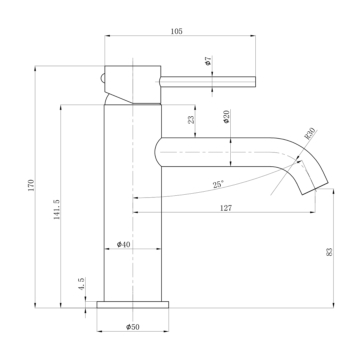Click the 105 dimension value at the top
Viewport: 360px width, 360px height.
pos(176,31)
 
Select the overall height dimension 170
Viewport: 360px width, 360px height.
pos(31,185)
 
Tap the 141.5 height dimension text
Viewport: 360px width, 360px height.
pos(57,209)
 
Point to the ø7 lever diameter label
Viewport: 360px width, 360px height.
pos(208,61)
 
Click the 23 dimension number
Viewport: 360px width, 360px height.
pos(191,120)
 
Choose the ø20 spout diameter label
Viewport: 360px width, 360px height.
pos(226,117)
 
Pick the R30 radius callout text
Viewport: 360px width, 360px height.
pos(310,133)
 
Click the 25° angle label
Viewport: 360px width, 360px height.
pos(218,184)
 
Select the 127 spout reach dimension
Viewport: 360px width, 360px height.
pos(226,208)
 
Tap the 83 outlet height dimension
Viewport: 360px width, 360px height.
pos(329,252)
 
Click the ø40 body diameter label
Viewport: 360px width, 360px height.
pos(123,245)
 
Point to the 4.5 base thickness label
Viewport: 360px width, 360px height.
pos(81,284)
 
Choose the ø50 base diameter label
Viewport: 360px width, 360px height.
pos(133,327)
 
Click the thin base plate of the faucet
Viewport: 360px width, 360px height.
pos(133,305)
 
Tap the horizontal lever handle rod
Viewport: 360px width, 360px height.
pos(208,82)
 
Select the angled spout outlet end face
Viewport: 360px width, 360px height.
pos(315,189)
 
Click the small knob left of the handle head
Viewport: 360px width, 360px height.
pos(103,78)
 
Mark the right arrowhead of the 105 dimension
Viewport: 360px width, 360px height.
pos(253,36)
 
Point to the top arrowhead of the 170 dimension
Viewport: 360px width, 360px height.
pos(35,68)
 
